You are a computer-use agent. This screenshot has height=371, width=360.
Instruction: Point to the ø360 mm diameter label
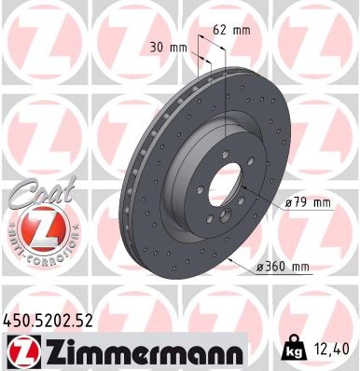pyautogui.click(x=284, y=268)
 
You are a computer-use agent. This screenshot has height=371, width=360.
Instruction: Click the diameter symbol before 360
pyautogui.click(x=262, y=268)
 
